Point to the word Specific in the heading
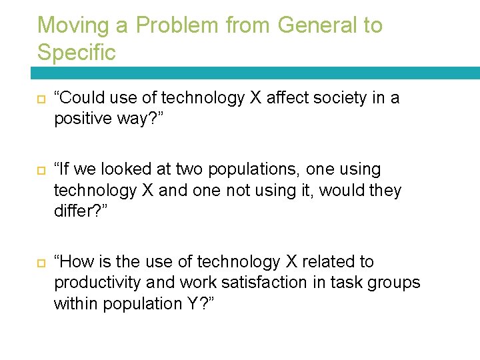[77, 52]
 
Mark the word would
[341, 190]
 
